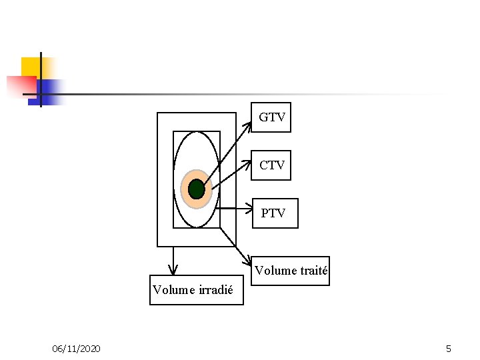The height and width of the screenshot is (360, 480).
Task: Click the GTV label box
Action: (271, 118)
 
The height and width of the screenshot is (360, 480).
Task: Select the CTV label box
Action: (271, 165)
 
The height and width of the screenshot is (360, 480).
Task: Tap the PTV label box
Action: (273, 213)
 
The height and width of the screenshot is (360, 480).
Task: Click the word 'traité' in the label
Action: (314, 271)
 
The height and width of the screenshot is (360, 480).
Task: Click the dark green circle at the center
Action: (196, 189)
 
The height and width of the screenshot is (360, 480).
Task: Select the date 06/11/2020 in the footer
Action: (77, 349)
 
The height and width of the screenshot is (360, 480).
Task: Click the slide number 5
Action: (449, 349)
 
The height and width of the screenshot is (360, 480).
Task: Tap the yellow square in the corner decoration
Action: (31, 67)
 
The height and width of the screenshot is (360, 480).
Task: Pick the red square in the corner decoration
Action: (21, 85)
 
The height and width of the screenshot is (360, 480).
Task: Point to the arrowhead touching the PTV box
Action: (247, 209)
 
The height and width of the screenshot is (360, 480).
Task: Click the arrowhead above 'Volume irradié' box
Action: (173, 270)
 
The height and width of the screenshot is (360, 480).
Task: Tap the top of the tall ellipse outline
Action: (196, 131)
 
